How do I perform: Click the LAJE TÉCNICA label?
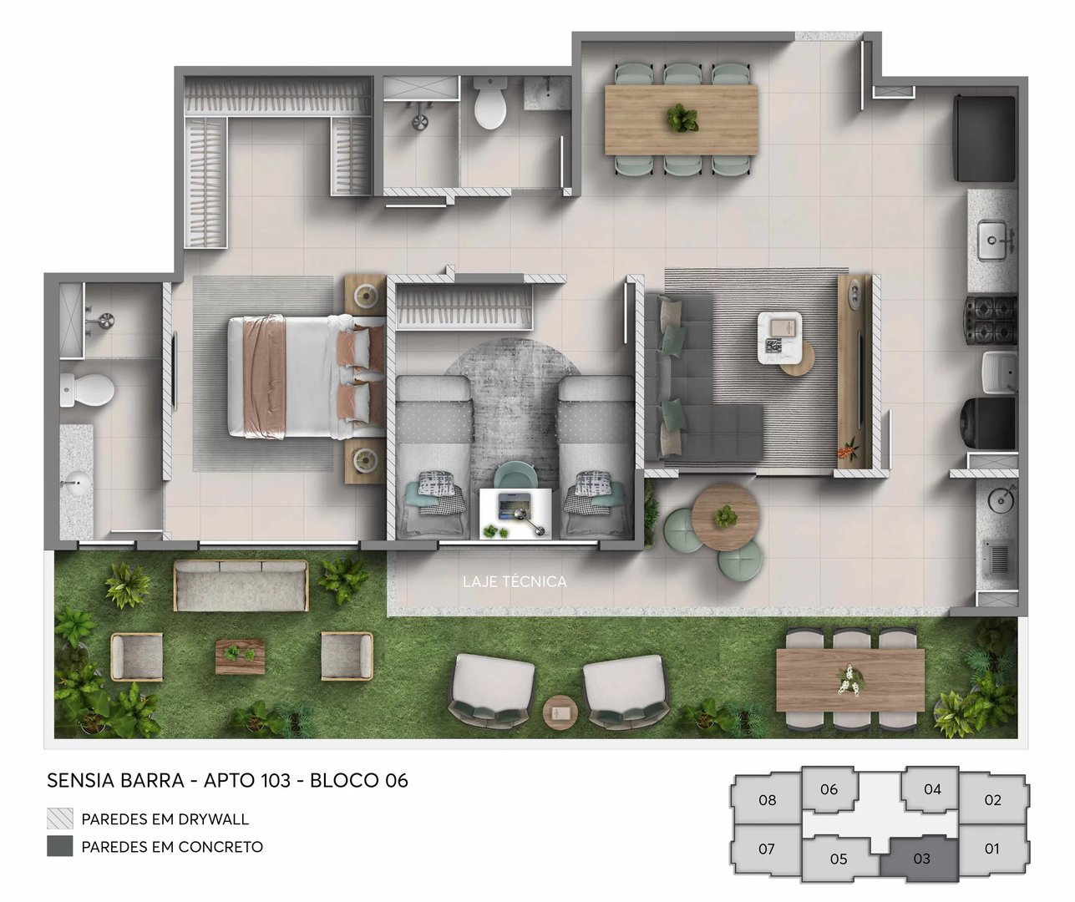point(515,581)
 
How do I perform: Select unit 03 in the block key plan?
point(921,859)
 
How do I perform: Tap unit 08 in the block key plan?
point(767,800)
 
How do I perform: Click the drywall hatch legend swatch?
point(59,818)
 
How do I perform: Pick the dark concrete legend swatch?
point(59,846)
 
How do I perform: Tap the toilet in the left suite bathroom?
point(87,388)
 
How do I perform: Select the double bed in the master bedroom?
point(305,377)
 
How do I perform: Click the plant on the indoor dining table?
point(682,119)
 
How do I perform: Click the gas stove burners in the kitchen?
point(991,321)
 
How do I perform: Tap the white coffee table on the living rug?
point(779,337)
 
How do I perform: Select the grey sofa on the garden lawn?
point(241,585)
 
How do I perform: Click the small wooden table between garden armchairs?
point(241,656)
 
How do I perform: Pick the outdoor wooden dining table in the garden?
point(849,679)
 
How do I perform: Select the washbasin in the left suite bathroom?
point(77,482)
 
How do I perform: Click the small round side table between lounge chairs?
point(560,712)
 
